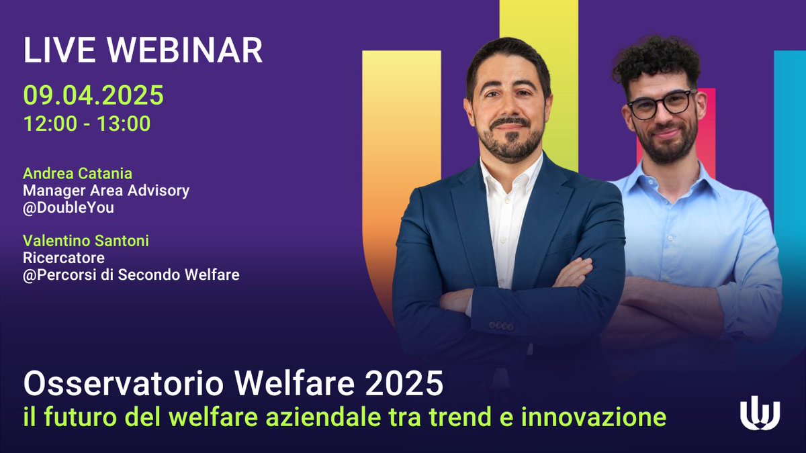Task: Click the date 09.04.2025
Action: pyautogui.click(x=93, y=95)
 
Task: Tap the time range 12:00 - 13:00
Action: pyautogui.click(x=87, y=124)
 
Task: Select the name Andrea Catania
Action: pyautogui.click(x=77, y=174)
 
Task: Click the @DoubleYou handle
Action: pyautogui.click(x=69, y=207)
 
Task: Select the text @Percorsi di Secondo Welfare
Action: pyautogui.click(x=131, y=274)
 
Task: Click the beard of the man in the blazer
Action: pyautogui.click(x=510, y=144)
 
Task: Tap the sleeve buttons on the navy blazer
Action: pyautogui.click(x=501, y=326)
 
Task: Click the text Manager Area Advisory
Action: pyautogui.click(x=106, y=191)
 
